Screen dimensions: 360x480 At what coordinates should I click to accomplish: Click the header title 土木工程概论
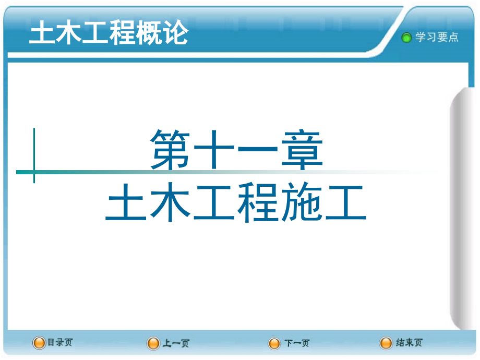[x=109, y=34]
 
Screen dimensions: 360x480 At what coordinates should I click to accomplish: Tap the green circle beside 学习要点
[x=406, y=38]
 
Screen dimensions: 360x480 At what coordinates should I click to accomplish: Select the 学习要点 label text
[x=437, y=37]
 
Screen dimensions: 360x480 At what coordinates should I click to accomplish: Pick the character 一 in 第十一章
[x=259, y=151]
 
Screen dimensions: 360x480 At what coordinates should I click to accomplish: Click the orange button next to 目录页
[x=39, y=343]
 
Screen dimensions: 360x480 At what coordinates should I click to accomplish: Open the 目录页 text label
[x=60, y=343]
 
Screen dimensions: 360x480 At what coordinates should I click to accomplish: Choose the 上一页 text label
[x=176, y=343]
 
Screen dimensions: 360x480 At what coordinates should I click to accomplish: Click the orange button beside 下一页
[x=274, y=343]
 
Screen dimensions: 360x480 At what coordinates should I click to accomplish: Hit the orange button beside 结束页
[x=386, y=343]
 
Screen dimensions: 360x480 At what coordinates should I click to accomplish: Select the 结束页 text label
[x=409, y=343]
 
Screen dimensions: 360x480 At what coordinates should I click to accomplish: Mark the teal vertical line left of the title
[x=34, y=155]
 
